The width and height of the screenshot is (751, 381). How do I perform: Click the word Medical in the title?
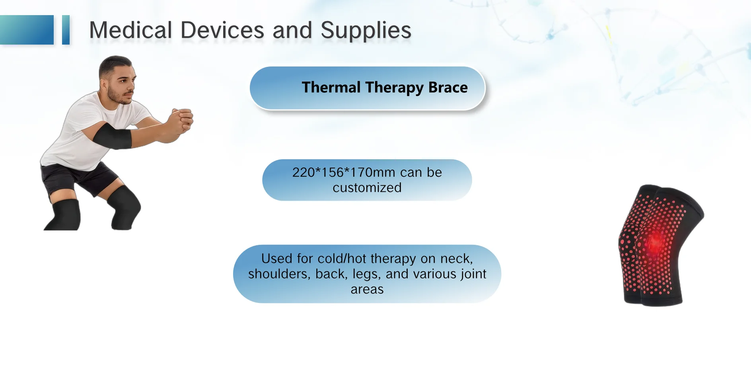(x=130, y=30)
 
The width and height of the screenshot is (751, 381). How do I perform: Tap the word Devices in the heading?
(x=222, y=30)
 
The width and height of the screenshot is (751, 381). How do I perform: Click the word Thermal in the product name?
(x=331, y=87)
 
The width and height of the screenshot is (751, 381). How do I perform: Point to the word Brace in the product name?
(x=448, y=87)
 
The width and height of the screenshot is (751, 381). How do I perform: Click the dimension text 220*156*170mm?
(x=344, y=172)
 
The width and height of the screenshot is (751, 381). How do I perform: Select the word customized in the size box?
(x=367, y=188)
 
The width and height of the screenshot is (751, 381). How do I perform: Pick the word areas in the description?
(x=367, y=289)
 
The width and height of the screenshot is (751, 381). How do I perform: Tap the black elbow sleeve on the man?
(x=111, y=136)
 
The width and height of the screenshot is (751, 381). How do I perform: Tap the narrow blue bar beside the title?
(x=66, y=30)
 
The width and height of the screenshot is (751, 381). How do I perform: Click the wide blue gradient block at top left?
(x=27, y=30)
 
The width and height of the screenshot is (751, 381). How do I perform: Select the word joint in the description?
(x=474, y=274)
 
